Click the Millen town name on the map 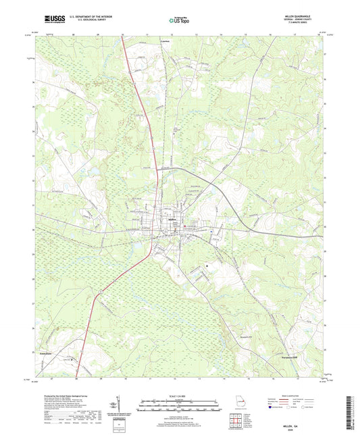point(165,220)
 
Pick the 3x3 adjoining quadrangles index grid point(236,422)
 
